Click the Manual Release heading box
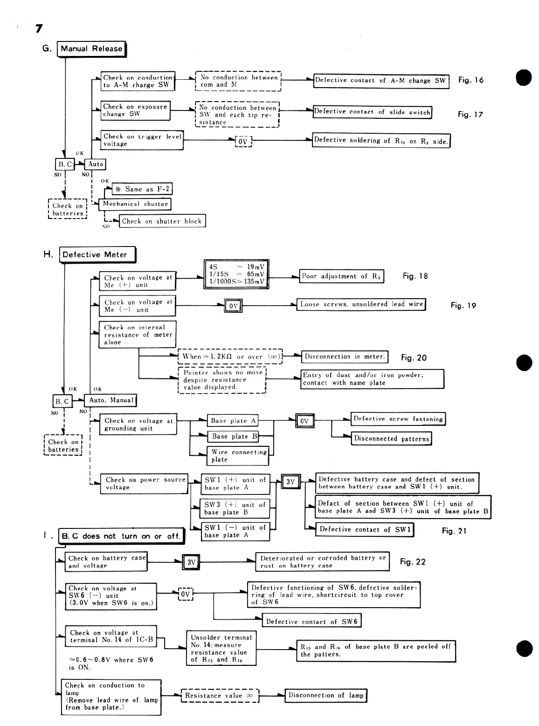(x=91, y=49)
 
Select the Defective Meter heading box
(x=97, y=255)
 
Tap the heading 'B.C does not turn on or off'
(x=121, y=536)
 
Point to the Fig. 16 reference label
(x=470, y=80)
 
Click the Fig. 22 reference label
(x=413, y=562)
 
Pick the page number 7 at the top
(x=39, y=29)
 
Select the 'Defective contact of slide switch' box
(x=372, y=112)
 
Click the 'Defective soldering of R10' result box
(x=381, y=141)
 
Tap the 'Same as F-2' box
(x=142, y=189)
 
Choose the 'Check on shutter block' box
(x=162, y=221)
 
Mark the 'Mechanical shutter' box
(x=135, y=204)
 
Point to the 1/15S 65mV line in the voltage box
(x=236, y=274)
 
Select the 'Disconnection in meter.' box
(x=345, y=357)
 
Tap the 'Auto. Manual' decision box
(x=111, y=400)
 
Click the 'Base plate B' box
(x=233, y=437)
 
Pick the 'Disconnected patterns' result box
(x=391, y=438)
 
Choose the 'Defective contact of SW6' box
(x=311, y=622)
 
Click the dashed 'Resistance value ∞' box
(x=219, y=696)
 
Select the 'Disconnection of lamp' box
(x=325, y=695)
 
